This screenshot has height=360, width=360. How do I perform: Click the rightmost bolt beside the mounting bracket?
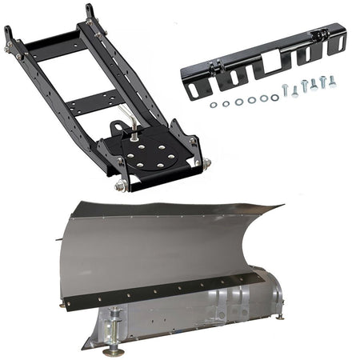pos(332,81)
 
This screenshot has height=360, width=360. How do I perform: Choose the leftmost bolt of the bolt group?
pos(285,89)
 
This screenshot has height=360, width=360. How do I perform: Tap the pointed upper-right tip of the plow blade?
pos(281,207)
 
